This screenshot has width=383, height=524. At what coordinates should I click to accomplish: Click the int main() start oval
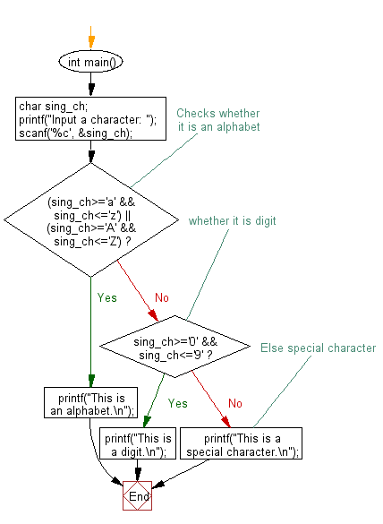(90, 62)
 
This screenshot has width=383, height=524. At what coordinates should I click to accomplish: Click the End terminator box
(137, 495)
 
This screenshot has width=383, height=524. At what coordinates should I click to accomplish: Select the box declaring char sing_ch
(90, 118)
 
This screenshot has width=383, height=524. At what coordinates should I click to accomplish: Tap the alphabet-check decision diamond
(90, 219)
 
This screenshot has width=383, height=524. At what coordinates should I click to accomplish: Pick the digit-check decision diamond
(174, 347)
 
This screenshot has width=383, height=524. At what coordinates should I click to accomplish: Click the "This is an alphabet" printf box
(90, 403)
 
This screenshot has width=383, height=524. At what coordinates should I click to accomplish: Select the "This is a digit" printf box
(138, 443)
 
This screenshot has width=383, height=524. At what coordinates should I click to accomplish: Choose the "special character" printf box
(241, 443)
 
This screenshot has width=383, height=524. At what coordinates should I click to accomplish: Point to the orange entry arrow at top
(90, 38)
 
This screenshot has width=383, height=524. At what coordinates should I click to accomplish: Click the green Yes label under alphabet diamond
(106, 297)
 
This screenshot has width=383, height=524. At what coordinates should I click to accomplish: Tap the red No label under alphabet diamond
(162, 297)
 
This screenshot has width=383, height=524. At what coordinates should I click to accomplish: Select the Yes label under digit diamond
(178, 403)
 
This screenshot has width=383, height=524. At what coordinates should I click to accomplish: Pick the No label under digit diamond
(235, 403)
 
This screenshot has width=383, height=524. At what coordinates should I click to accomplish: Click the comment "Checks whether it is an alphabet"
(218, 120)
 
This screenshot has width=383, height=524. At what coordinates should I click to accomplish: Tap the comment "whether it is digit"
(233, 221)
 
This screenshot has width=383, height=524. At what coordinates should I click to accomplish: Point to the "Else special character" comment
(319, 348)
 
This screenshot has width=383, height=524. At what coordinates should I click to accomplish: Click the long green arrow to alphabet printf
(90, 332)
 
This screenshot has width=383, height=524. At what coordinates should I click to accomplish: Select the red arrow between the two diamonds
(138, 291)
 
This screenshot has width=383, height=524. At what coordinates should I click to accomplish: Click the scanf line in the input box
(75, 133)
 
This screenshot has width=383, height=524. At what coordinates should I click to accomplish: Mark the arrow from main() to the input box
(90, 84)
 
